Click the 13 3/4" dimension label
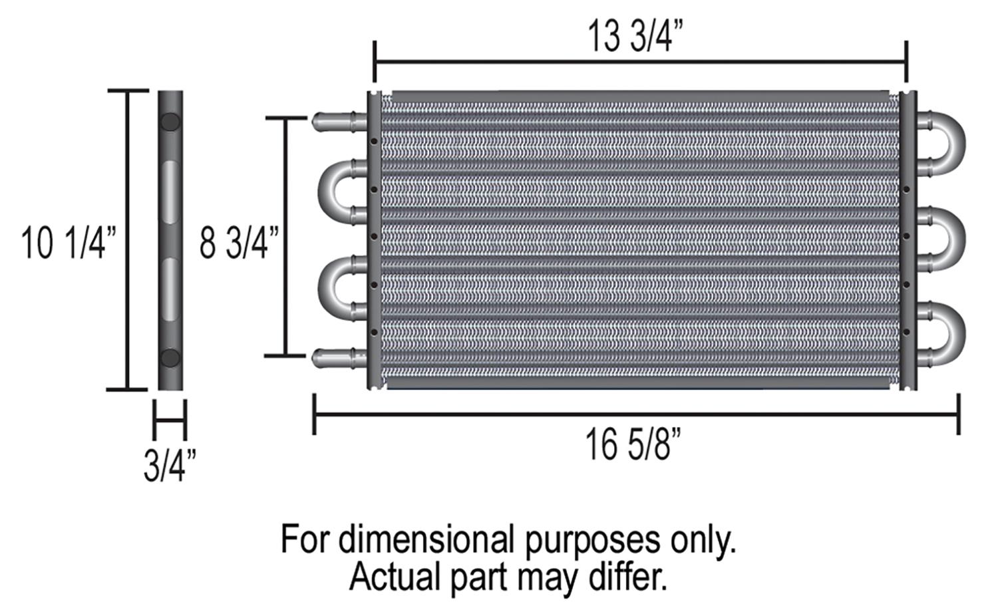(x=635, y=37)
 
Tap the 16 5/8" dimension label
(x=633, y=444)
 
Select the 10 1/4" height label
(x=69, y=243)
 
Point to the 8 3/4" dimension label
(x=240, y=243)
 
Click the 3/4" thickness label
(x=170, y=466)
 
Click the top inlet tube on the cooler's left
(x=339, y=122)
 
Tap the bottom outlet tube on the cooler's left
(x=339, y=359)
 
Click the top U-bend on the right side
(x=959, y=144)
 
